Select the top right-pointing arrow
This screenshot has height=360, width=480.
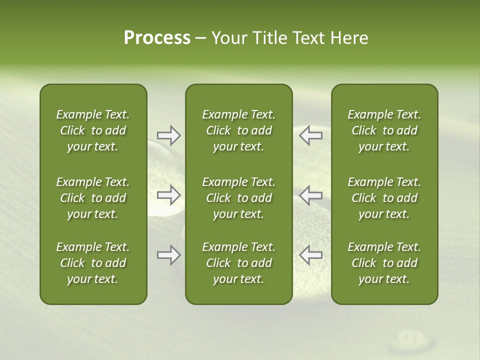169,135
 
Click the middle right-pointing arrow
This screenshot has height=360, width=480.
169,194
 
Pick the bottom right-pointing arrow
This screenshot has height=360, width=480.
169,255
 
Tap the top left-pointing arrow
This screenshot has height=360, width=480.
310,135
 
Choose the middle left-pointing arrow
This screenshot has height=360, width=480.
310,194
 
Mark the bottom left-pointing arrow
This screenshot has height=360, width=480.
310,255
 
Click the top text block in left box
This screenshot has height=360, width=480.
93,130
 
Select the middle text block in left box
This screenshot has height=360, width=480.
93,198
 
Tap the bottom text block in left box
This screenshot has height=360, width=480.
93,263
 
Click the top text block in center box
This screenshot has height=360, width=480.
238,130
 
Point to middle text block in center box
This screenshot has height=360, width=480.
238,198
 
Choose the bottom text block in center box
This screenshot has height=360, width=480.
238,263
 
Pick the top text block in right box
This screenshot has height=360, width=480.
384,130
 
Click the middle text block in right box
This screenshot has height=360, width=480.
384,198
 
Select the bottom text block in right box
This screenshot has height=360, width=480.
384,263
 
